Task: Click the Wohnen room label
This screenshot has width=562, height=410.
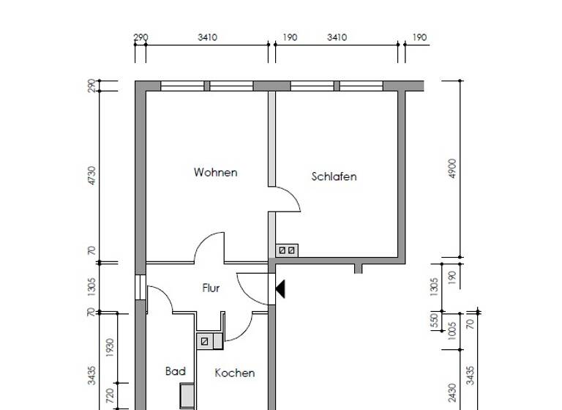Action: (x=215, y=173)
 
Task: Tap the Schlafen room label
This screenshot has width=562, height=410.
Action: (x=334, y=176)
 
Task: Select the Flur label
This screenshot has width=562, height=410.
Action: (x=211, y=288)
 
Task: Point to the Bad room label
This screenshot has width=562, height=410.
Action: (x=175, y=372)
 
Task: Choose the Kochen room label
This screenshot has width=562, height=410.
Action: (x=234, y=373)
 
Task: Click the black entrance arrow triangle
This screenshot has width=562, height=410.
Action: (x=280, y=290)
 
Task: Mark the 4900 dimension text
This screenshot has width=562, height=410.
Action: (x=452, y=168)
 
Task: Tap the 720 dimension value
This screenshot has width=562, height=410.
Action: (x=110, y=396)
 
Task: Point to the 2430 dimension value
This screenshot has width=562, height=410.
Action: (x=452, y=393)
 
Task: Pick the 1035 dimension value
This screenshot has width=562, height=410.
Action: (x=452, y=331)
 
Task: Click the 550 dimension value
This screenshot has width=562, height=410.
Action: (x=434, y=321)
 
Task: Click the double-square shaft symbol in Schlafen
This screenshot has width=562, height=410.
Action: (x=285, y=250)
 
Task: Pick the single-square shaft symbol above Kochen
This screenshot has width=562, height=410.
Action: (x=204, y=341)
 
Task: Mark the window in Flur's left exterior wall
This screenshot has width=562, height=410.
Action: (x=139, y=286)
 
